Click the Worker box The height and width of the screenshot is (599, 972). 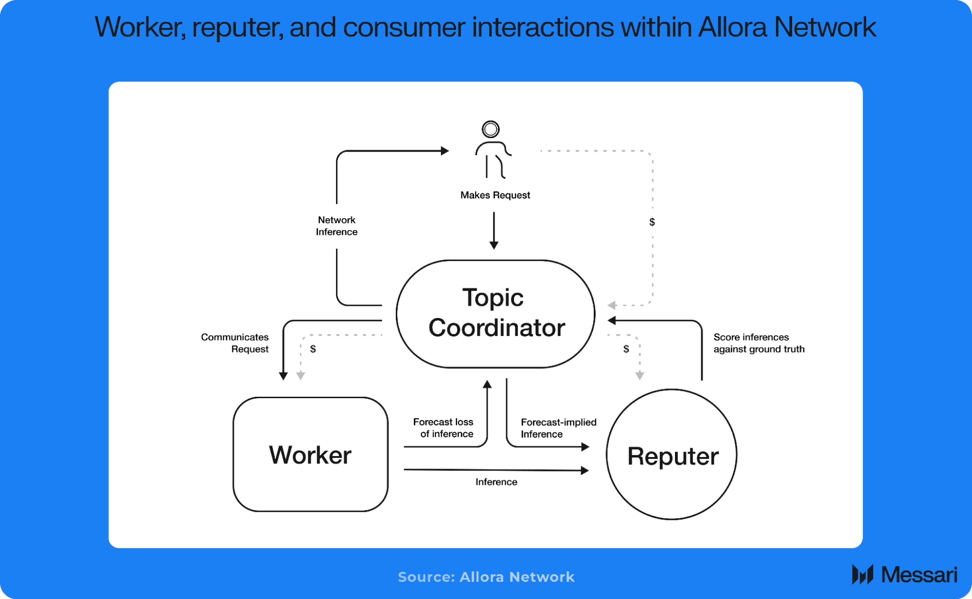pyautogui.click(x=310, y=454)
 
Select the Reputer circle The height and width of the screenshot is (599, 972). pyautogui.click(x=672, y=455)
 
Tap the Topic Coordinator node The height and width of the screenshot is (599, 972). pyautogui.click(x=495, y=313)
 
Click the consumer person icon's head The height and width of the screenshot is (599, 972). pyautogui.click(x=491, y=129)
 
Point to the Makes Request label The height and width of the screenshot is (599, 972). pyautogui.click(x=495, y=195)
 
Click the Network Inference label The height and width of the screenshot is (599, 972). pyautogui.click(x=336, y=226)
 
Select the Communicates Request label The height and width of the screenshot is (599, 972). pyautogui.click(x=235, y=343)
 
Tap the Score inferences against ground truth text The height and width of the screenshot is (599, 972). pyautogui.click(x=759, y=343)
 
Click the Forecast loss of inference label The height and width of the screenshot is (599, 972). pyautogui.click(x=443, y=428)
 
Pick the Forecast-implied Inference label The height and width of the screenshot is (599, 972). pyautogui.click(x=558, y=428)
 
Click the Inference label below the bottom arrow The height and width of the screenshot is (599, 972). pyautogui.click(x=496, y=482)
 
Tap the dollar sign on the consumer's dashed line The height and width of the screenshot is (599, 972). pyautogui.click(x=652, y=222)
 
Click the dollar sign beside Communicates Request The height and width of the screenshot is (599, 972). pyautogui.click(x=313, y=349)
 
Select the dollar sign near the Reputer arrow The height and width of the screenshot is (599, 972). pyautogui.click(x=626, y=349)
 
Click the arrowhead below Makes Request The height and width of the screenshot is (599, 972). pyautogui.click(x=494, y=246)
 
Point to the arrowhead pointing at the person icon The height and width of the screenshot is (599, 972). pyautogui.click(x=444, y=151)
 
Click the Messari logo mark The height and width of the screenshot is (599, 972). pyautogui.click(x=863, y=574)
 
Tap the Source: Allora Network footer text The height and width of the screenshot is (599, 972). pyautogui.click(x=486, y=577)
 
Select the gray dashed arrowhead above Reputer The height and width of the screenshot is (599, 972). pyautogui.click(x=640, y=376)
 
